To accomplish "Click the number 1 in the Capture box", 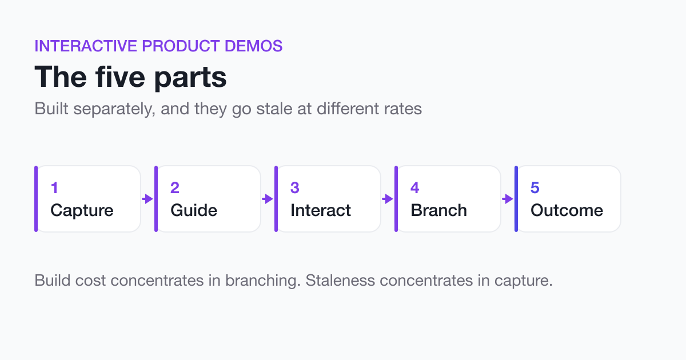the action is point(54,187).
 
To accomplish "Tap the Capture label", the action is point(82,210).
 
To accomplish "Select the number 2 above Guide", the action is point(175,187).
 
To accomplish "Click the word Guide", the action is point(194,210).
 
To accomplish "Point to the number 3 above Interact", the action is point(294,187).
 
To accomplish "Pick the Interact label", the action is point(321,210).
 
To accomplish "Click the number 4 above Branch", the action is point(414,187).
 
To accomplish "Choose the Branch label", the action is point(439,210).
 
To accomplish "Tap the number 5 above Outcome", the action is point(535,187).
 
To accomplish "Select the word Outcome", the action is point(567,210).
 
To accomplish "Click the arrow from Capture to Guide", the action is point(147,199).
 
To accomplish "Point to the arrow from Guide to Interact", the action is point(268,199).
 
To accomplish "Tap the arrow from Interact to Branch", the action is point(388,199).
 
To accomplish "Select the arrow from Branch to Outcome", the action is point(508,199).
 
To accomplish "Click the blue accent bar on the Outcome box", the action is point(516,199).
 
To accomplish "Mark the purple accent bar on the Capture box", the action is point(36,199).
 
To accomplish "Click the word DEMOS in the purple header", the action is point(254,46).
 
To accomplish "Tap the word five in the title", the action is point(120,77).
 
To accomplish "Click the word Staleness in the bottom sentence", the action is point(340,281).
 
